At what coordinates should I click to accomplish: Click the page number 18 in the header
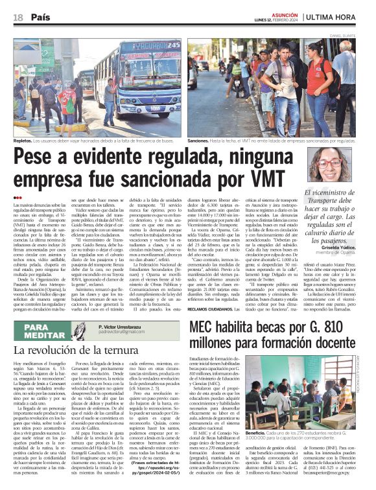point(18,17)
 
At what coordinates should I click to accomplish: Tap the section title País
point(41,17)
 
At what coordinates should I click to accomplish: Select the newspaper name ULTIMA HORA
point(342,17)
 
